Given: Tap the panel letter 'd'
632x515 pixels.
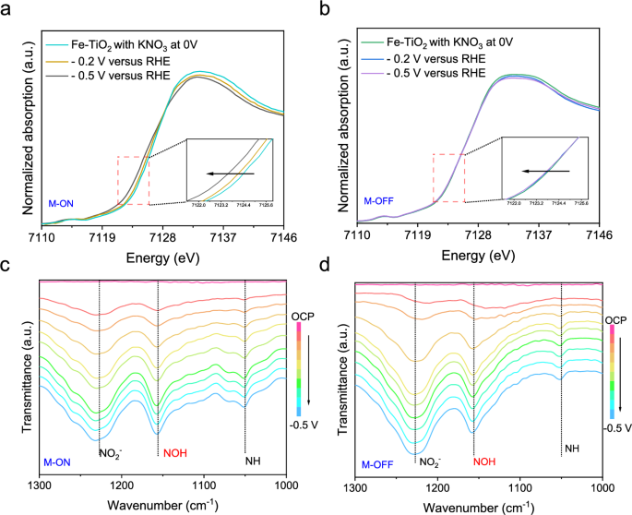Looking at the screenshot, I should pyautogui.click(x=322, y=268).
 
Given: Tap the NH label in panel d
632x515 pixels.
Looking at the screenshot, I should pyautogui.click(x=572, y=449).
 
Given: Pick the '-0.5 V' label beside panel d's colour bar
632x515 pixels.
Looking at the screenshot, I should pyautogui.click(x=615, y=427).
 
